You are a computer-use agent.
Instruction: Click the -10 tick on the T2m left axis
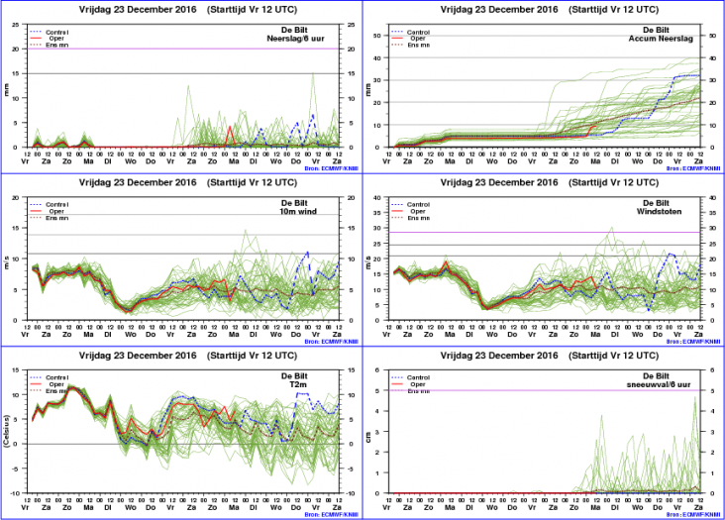coord(20,493)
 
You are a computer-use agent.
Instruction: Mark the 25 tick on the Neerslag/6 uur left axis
coord(20,25)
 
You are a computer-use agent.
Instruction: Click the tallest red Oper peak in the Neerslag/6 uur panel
coord(230,126)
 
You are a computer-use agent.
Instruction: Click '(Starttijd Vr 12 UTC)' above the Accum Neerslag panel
coord(600,9)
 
